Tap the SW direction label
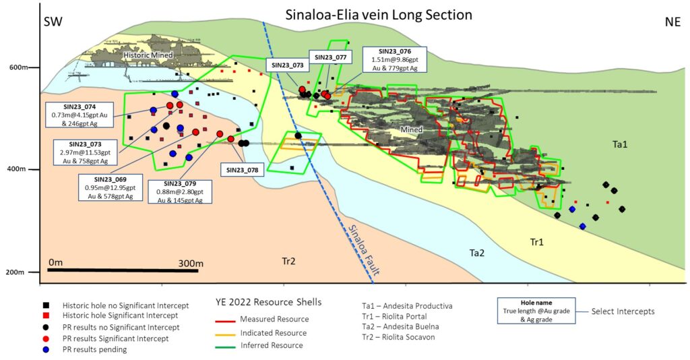[x=53, y=21]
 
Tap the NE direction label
[x=672, y=21]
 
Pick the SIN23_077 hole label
[x=330, y=57]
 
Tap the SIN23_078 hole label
[x=242, y=170]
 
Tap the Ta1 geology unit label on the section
[x=621, y=144]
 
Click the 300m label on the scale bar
[x=191, y=262]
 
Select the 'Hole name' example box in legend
[x=536, y=311]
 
